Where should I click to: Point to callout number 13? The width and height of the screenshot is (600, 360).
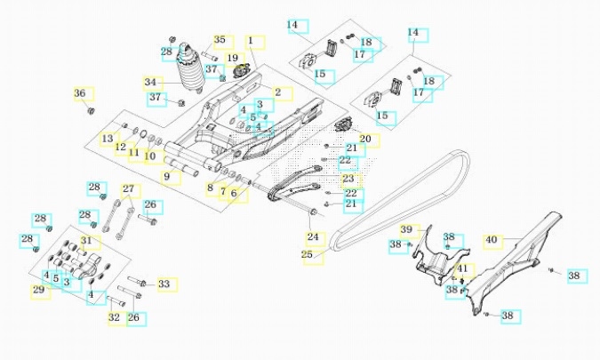click(x=108, y=139)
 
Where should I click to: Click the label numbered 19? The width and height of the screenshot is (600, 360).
click(x=234, y=59)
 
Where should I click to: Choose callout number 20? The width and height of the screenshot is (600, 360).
click(x=364, y=140)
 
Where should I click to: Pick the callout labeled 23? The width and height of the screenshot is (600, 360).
click(x=348, y=180)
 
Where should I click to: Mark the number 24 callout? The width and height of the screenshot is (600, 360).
click(x=312, y=237)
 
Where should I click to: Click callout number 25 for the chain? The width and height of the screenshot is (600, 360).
click(x=307, y=255)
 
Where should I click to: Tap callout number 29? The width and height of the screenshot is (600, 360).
click(x=37, y=290)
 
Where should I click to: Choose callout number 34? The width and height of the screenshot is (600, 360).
click(x=151, y=82)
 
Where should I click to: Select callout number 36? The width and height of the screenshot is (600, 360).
click(x=80, y=93)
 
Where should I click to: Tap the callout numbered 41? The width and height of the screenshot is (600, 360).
click(x=463, y=268)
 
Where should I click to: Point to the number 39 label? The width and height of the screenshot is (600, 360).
click(x=407, y=229)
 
